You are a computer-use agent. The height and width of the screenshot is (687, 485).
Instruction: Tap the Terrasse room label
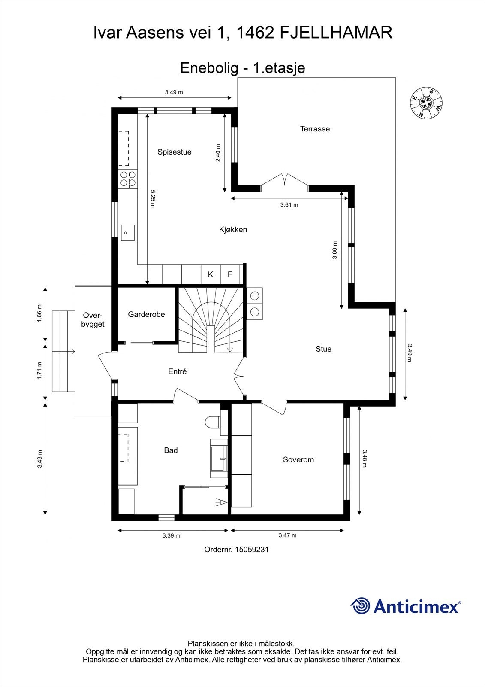coord(315,129)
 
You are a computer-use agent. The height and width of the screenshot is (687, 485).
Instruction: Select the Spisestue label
coord(174,152)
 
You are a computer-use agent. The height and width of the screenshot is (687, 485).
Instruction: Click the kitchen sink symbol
coord(127,233)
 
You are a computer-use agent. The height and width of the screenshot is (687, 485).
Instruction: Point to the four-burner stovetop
coord(128,179)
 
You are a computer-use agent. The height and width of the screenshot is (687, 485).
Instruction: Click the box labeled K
coord(211,274)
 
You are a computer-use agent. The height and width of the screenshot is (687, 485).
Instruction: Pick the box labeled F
coord(230,274)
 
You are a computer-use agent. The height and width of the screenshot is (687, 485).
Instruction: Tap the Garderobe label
coord(146,314)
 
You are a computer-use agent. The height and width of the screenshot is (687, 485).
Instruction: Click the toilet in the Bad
coord(212,422)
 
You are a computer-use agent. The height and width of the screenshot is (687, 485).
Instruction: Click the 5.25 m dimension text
coord(152,199)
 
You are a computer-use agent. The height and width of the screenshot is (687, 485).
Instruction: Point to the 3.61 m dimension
coord(289,205)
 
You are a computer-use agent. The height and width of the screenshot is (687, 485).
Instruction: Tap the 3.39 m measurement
coord(171,535)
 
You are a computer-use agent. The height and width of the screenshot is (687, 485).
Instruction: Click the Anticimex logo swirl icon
coord(360,606)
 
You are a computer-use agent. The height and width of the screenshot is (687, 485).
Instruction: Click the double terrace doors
coord(284,180)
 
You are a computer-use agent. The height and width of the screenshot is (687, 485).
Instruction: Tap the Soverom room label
coord(298,460)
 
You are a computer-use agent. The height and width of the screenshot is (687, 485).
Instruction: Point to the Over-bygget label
coord(93,319)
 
